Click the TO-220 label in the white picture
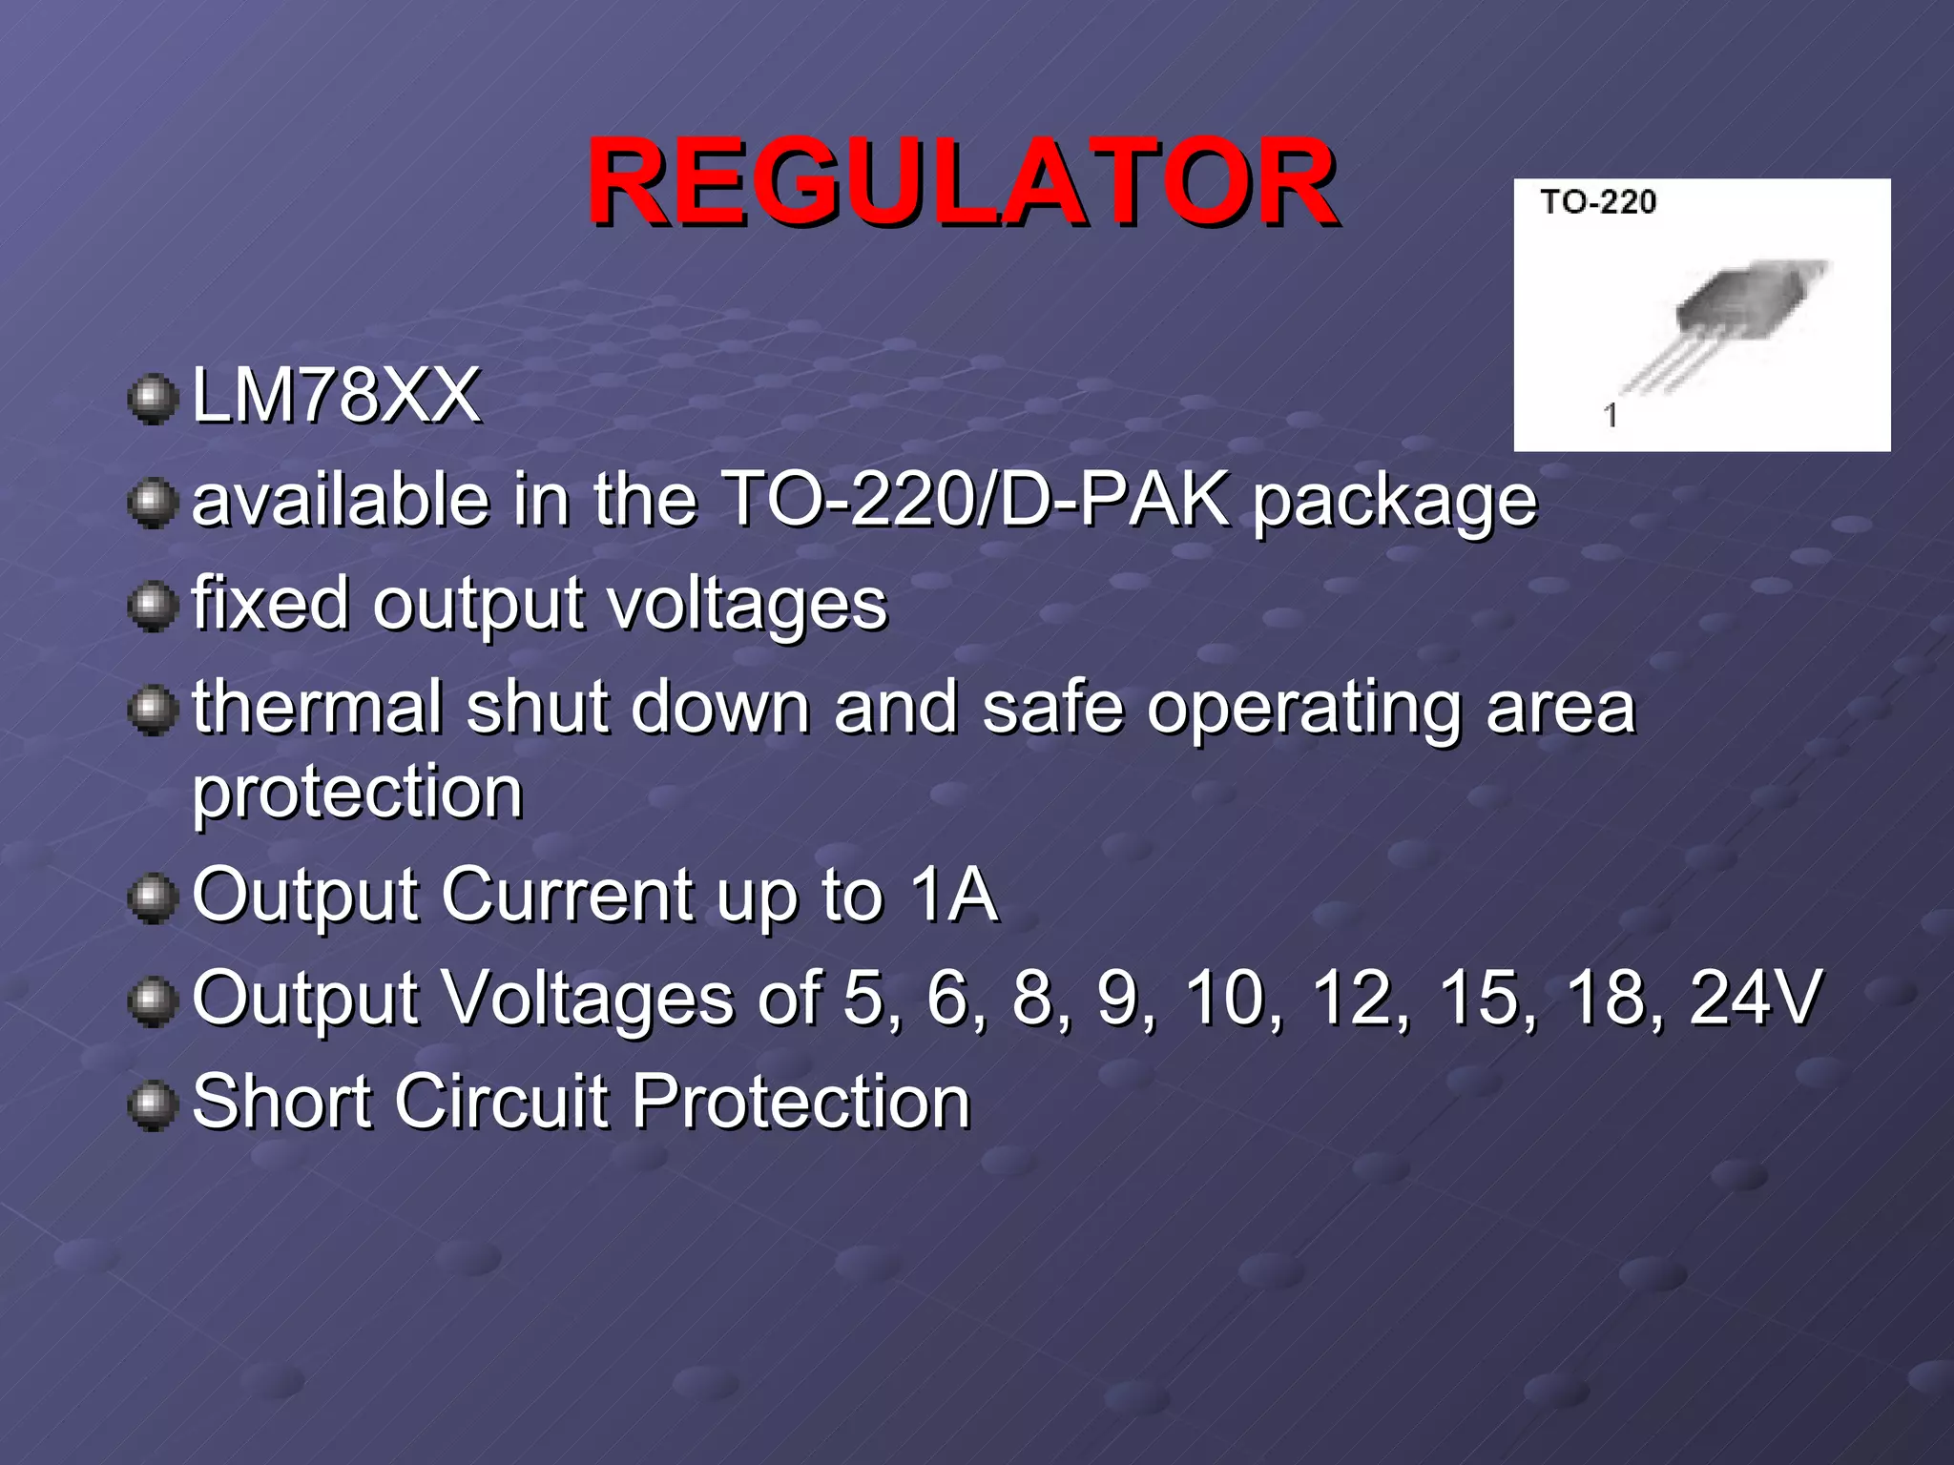coord(1598,202)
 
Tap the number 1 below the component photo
coord(1611,416)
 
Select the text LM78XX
coord(336,395)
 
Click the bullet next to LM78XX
coord(153,399)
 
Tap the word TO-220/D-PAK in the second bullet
coord(974,499)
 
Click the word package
coord(1395,503)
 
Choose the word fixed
coord(270,603)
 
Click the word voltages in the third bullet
coord(748,606)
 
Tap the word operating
coord(1303,711)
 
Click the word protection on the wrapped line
coord(358,793)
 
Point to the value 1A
coord(953,895)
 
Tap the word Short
coord(281,1102)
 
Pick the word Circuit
coord(501,1102)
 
